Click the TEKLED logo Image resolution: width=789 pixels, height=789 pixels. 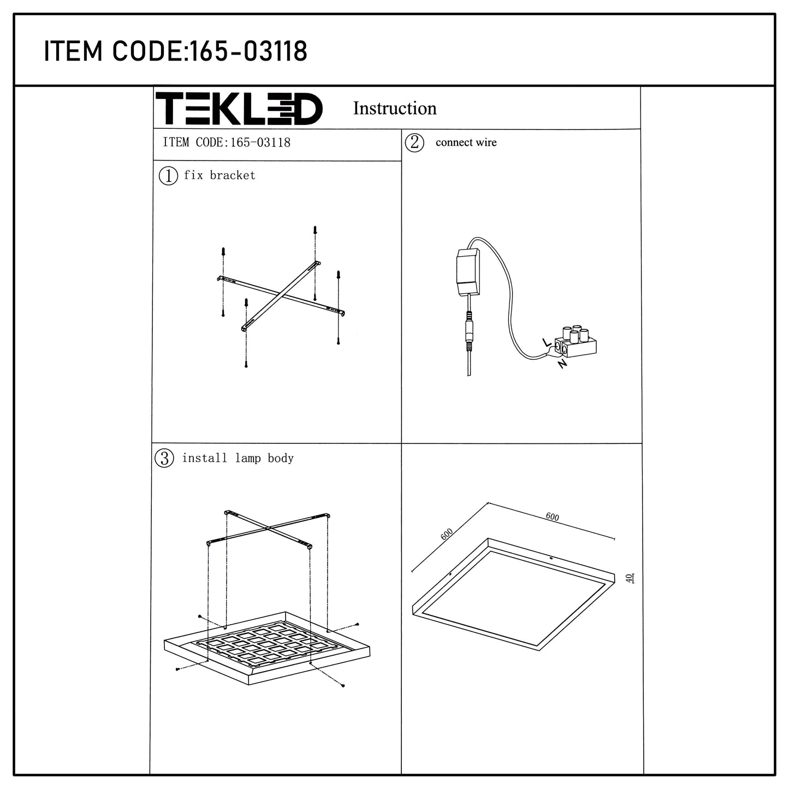(239, 109)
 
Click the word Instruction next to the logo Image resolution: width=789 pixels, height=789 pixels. (395, 109)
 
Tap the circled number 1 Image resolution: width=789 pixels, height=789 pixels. (168, 176)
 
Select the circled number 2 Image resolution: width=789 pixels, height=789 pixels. (414, 143)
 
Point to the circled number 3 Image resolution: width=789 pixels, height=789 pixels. (164, 458)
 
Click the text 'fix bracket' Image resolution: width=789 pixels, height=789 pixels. (220, 175)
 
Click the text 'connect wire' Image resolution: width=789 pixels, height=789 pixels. (466, 143)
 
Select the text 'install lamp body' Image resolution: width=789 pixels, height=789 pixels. (238, 458)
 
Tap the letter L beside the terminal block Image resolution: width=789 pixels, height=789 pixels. (547, 343)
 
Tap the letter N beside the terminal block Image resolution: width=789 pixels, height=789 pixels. (562, 363)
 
